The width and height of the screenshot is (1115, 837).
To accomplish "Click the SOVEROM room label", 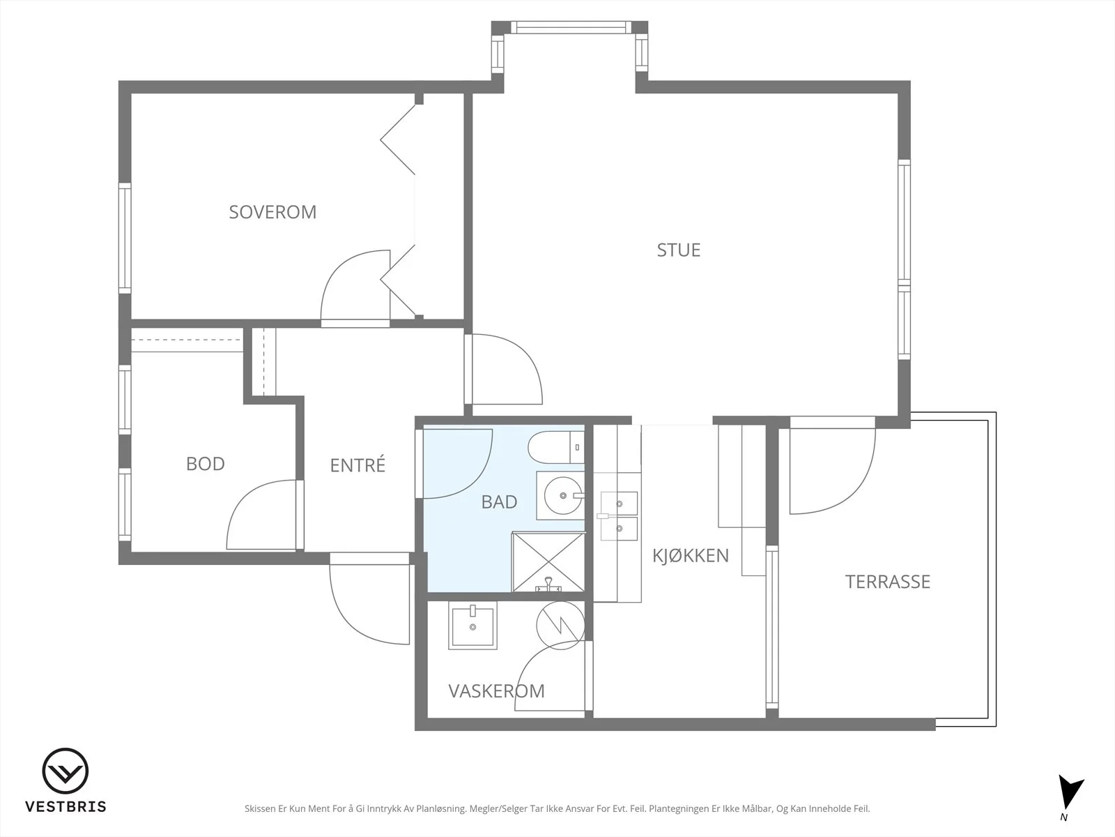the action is (x=272, y=212).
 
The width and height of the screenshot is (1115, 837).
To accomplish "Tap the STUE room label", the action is (x=679, y=250).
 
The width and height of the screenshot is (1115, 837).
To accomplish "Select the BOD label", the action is (x=205, y=463).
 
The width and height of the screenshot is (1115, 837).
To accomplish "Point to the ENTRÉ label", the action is (x=357, y=465).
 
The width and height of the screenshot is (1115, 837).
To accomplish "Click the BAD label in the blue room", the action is (x=500, y=502).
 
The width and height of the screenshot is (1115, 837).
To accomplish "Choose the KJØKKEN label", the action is (x=691, y=555).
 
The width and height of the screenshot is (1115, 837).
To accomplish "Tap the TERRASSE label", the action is (x=887, y=582).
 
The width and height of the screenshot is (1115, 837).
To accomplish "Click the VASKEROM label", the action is (x=496, y=691).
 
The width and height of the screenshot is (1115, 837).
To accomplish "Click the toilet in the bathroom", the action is (x=556, y=447).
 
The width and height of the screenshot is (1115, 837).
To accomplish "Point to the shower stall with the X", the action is (x=548, y=562).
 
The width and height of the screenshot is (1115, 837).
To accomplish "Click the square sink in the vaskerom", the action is (x=472, y=625).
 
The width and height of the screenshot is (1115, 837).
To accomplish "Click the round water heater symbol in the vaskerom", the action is (x=560, y=625).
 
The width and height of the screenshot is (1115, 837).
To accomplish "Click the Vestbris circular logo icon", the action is (x=66, y=771).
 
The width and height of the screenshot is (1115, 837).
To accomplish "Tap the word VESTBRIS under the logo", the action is (x=66, y=806).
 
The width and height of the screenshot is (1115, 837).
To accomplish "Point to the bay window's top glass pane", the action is (x=571, y=27).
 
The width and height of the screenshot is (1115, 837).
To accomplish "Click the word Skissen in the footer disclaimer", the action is (x=259, y=808).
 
